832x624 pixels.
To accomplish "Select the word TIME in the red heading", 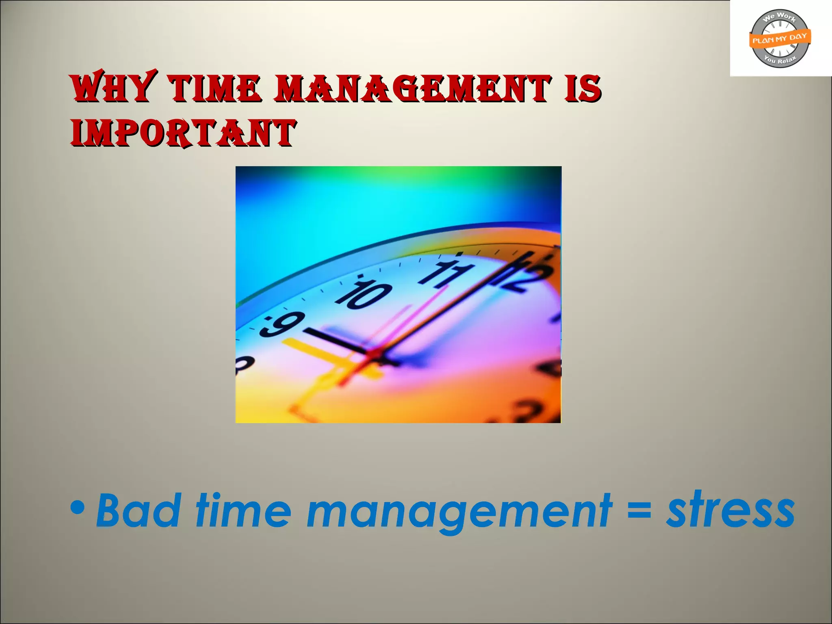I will point(214,88).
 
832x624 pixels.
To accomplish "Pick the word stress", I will point(730,509).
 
